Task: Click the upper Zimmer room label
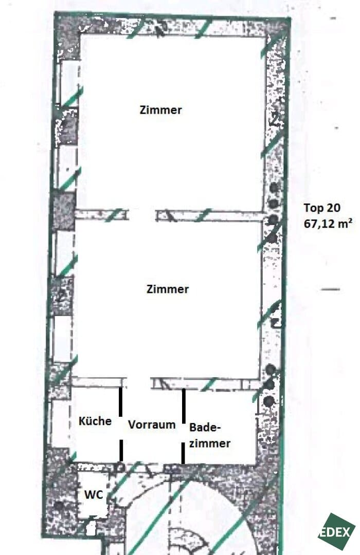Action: coord(160,110)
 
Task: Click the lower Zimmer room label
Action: coord(168,289)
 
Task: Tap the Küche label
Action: coord(95,421)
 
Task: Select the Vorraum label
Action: coord(152,424)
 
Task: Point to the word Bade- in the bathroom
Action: coord(205,427)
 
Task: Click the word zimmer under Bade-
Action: coord(210,443)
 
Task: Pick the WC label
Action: coord(94,494)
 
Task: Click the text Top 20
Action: coord(322,208)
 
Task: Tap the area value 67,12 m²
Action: coord(328,224)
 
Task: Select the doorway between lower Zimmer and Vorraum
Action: coord(138,383)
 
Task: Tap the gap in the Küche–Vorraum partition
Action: coord(121,428)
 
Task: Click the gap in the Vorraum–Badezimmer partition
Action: coord(183,433)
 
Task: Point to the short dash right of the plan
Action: coord(330,289)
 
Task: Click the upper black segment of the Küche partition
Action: coord(120,402)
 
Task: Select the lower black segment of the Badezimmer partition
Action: coord(183,453)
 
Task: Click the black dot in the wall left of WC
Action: coord(59,506)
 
